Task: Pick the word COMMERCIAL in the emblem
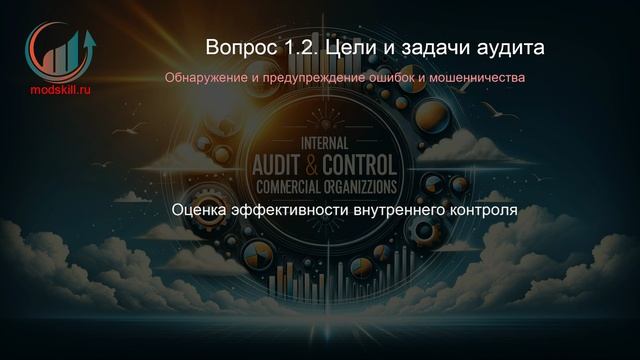[282, 186]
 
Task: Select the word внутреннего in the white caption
[396, 212]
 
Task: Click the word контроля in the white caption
[480, 212]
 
